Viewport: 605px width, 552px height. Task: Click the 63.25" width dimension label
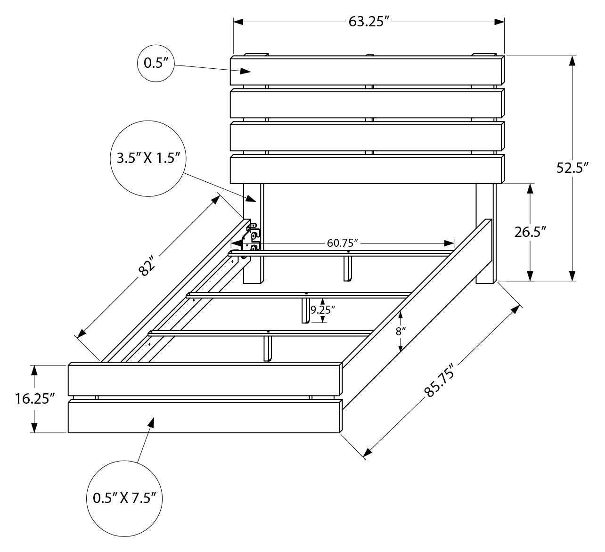(368, 22)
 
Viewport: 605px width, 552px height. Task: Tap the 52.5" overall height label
(572, 168)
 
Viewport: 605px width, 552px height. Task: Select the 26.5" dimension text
(530, 232)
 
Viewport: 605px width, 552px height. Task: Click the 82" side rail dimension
(147, 267)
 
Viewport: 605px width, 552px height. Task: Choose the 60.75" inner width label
(343, 243)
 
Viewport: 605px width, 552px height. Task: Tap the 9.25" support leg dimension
(323, 309)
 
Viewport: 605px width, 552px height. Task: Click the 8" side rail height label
(401, 331)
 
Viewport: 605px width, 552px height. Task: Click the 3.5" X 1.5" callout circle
(149, 158)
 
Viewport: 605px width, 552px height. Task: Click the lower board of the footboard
(205, 416)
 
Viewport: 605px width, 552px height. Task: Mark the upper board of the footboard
(205, 379)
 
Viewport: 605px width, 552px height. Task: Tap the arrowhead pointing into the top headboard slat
(246, 71)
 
